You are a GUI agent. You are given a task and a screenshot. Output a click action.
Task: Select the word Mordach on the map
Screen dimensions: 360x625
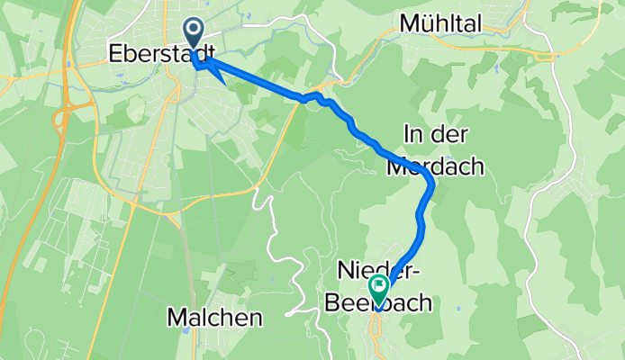pyautogui.click(x=436, y=166)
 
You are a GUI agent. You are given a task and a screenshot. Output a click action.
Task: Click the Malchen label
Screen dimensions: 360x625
pyautogui.click(x=214, y=317)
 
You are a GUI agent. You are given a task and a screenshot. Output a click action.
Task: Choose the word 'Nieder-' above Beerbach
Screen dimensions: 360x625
pyautogui.click(x=376, y=270)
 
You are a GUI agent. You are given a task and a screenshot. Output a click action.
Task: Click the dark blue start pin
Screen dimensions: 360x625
pyautogui.click(x=194, y=38)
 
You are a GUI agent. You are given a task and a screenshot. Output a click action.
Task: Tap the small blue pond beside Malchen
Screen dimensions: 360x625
pyautogui.click(x=184, y=329)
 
